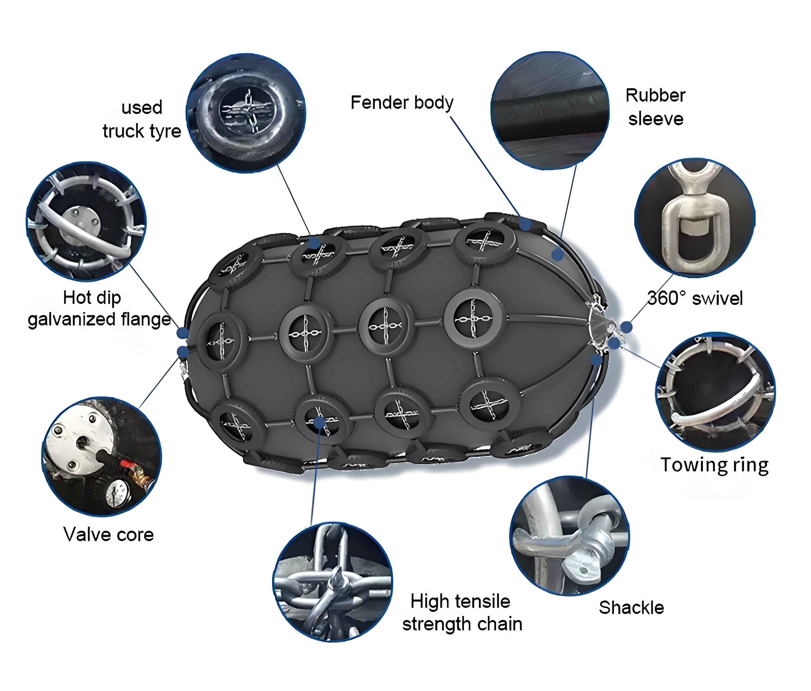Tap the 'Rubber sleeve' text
pos(656,107)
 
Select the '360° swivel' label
pos(695,298)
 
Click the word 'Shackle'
pos(631,608)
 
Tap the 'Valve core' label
pos(108,534)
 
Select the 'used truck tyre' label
pos(142,119)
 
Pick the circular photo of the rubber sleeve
pos(550,110)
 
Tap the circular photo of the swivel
pos(695,218)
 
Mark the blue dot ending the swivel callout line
pos(626,327)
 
